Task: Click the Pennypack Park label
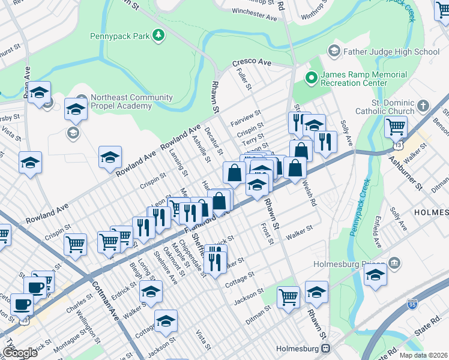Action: [119, 37]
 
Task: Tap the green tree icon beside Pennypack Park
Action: [158, 37]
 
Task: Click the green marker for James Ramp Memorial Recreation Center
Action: [311, 77]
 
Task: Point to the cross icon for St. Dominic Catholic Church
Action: [424, 106]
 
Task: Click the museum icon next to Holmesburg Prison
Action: [394, 263]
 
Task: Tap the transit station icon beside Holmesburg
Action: [326, 348]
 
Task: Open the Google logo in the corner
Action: [20, 353]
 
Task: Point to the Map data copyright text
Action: [424, 355]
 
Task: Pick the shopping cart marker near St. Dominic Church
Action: [396, 127]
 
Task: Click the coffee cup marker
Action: [23, 304]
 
